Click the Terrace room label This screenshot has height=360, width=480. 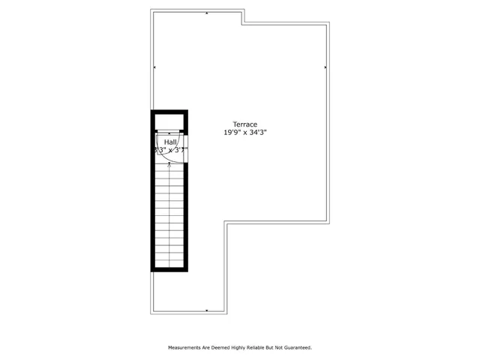tap(245, 124)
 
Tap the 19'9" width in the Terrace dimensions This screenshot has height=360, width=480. tap(232, 133)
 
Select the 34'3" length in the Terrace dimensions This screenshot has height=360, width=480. tap(257, 133)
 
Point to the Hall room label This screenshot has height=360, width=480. tap(170, 141)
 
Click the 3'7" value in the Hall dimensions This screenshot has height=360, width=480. tap(181, 149)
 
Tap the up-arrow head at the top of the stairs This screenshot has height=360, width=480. tap(170, 164)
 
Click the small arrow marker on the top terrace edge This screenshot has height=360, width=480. tap(207, 13)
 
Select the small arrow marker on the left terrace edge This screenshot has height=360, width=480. tap(154, 67)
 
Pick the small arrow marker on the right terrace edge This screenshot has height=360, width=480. tap(325, 67)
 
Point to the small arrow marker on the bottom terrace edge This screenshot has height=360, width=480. tap(207, 309)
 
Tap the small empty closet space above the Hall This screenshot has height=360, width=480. tap(170, 123)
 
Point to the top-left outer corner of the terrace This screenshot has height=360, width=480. tap(151, 10)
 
